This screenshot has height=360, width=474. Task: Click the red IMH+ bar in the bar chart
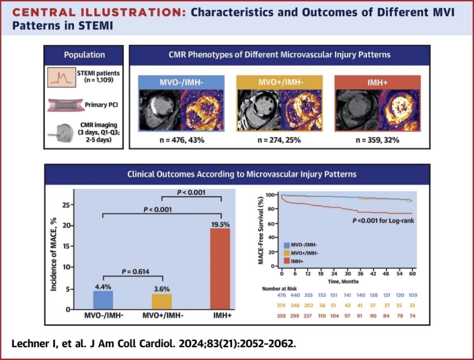(220, 269)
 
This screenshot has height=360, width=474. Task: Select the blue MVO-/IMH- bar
(103, 300)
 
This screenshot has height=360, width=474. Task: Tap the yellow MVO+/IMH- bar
(162, 302)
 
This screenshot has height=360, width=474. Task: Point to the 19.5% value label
(221, 224)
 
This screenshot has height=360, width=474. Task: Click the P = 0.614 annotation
(135, 271)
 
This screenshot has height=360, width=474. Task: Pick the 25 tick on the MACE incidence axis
(66, 205)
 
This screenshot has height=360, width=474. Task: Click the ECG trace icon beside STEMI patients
(61, 77)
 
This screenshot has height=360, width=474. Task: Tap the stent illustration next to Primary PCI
(65, 105)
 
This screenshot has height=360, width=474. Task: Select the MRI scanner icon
(61, 133)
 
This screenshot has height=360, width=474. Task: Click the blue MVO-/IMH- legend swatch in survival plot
(286, 245)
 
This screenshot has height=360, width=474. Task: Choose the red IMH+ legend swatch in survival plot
(286, 261)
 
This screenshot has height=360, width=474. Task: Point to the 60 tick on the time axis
(412, 273)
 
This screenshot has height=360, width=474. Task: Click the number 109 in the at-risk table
(413, 295)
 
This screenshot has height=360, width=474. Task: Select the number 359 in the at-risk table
(281, 316)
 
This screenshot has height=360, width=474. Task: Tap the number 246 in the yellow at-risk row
(295, 306)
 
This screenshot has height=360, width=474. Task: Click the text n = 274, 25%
(279, 140)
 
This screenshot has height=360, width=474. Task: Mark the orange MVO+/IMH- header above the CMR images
(279, 83)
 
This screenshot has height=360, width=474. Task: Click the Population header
(84, 55)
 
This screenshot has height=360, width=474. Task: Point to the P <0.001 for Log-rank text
(383, 221)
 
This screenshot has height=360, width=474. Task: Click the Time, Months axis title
(344, 281)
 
